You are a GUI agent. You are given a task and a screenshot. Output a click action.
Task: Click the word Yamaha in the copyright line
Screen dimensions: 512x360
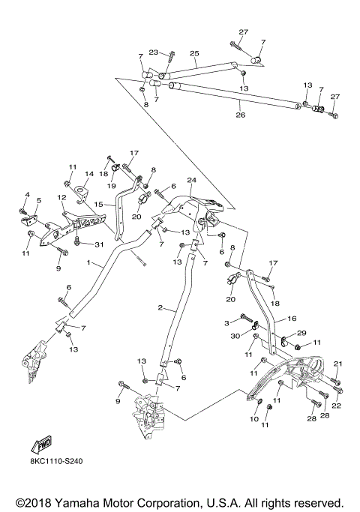point(82,502)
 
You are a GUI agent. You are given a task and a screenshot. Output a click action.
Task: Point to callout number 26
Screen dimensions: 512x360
point(241,115)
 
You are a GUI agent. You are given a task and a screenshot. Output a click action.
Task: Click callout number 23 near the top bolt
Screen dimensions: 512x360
point(153,52)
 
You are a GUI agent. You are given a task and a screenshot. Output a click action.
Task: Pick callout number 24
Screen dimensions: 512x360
point(191,181)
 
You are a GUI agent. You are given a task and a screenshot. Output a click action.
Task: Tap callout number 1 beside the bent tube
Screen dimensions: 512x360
point(89,264)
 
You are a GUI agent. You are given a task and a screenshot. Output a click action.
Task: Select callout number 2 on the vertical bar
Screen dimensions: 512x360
point(160,308)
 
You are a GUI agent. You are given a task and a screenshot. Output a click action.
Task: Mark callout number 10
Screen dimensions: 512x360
point(253,419)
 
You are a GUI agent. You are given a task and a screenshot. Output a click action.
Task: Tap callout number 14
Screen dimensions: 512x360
point(88,174)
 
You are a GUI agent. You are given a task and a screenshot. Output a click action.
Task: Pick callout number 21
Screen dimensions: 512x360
point(337,364)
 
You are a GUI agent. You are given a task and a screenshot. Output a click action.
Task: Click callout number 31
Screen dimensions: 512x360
point(97,244)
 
